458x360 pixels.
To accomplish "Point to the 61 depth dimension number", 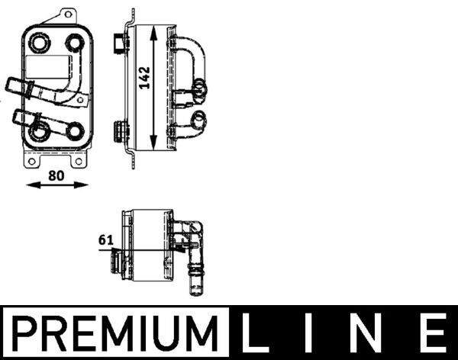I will click(105, 240).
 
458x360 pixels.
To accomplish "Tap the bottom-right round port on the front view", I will click(75, 130).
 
